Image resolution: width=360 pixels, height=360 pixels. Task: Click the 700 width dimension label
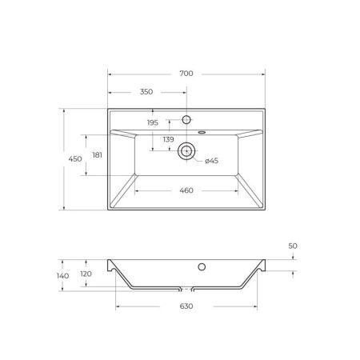coord(186,74)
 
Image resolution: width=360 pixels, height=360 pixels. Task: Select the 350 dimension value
coord(146,92)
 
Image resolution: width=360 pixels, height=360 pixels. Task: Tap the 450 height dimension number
coord(74,160)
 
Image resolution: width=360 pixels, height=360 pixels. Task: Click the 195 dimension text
coord(152,122)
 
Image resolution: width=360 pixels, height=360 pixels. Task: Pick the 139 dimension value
coord(168,139)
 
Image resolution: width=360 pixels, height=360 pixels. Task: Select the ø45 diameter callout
coord(211,161)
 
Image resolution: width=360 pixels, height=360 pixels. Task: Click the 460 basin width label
coord(186,190)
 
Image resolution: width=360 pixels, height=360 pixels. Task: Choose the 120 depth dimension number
coord(86,273)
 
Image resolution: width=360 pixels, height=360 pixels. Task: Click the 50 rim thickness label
coord(294,246)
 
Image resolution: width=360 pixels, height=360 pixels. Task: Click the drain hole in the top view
coord(186,150)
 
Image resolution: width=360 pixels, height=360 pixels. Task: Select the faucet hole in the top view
coord(186,120)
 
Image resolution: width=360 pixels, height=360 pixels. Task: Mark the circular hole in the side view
coord(202,266)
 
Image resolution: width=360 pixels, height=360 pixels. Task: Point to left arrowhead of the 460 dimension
coord(135,190)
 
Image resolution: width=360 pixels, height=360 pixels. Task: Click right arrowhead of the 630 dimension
coord(254,305)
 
